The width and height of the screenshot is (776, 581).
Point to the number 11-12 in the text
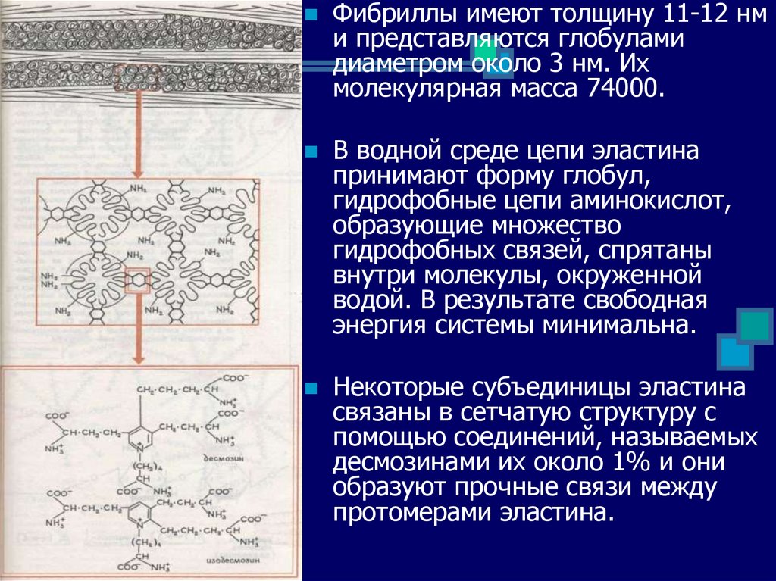pos(665,15)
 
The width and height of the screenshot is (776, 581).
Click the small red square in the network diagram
pos(138,280)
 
